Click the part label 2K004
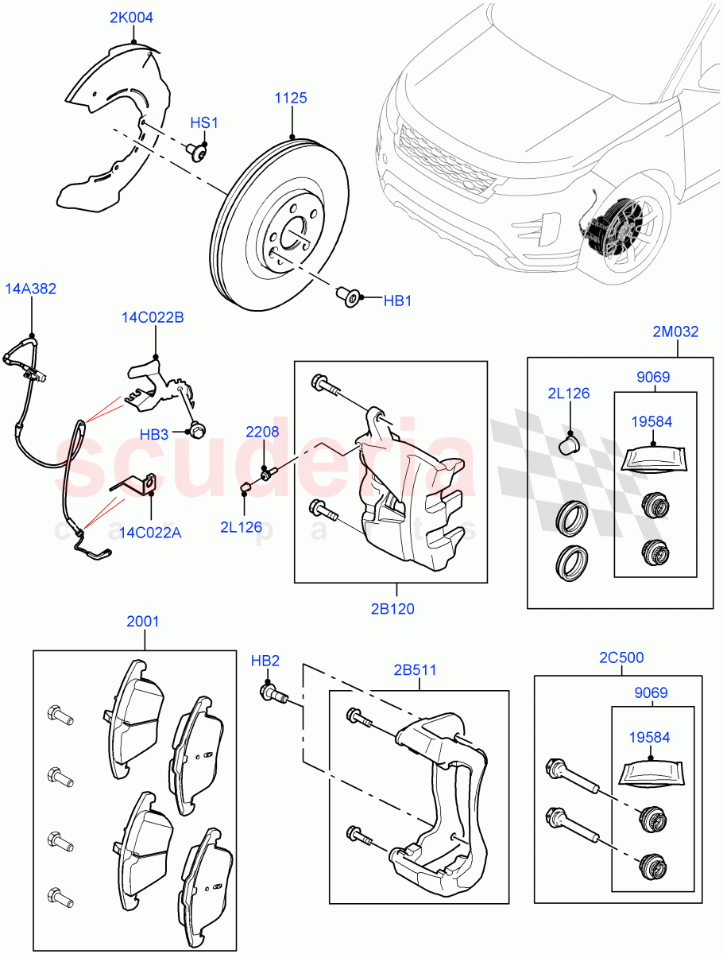tap(132, 17)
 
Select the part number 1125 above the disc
tap(291, 99)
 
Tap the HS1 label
tap(203, 123)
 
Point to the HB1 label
tap(398, 301)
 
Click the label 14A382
tap(31, 289)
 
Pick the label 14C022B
tap(153, 318)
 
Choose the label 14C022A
tap(151, 532)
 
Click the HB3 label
tap(154, 435)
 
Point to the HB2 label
tap(265, 661)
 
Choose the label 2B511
tap(413, 669)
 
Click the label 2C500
tap(621, 657)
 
